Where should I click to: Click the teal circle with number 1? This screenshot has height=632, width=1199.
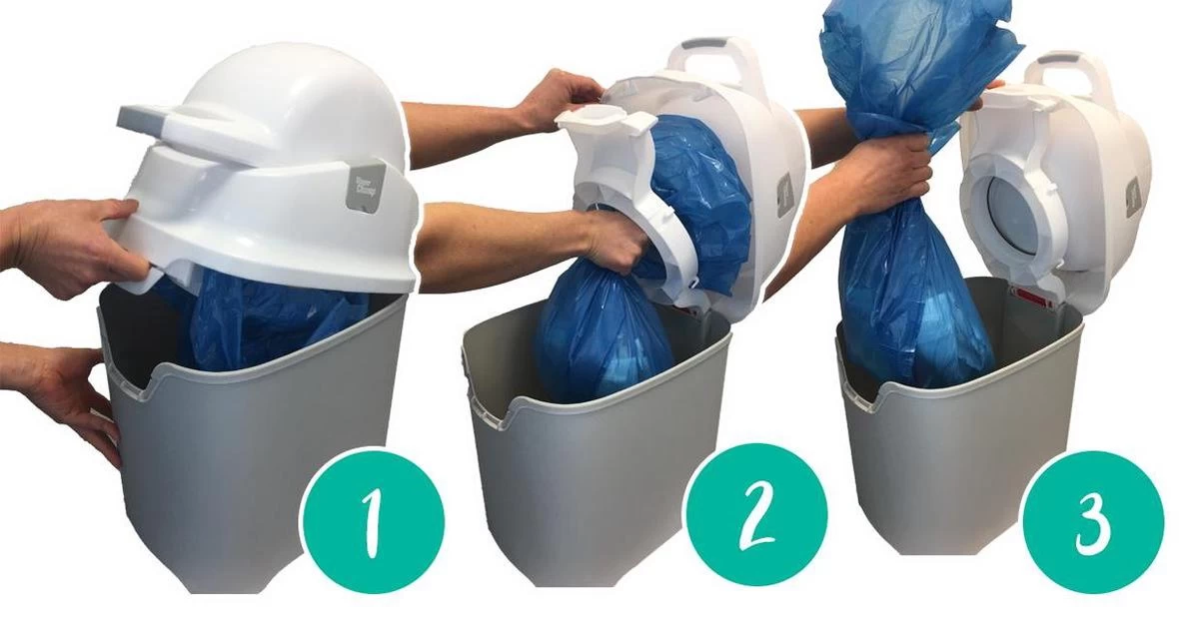click(x=372, y=520)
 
